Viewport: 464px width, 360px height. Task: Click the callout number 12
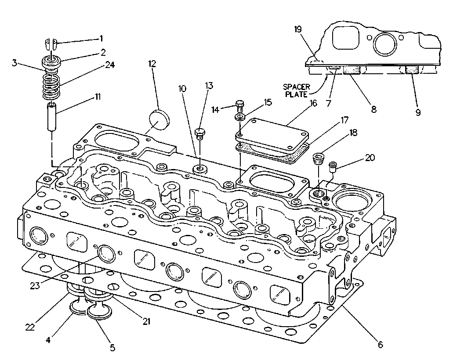(x=152, y=64)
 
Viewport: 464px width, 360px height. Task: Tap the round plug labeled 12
(x=159, y=119)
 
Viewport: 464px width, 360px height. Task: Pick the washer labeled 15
(x=240, y=117)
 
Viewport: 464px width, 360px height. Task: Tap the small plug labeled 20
(x=333, y=167)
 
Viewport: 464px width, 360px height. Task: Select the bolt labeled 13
(x=200, y=134)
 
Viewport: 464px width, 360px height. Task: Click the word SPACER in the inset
(x=297, y=87)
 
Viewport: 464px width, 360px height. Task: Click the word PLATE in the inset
(x=296, y=94)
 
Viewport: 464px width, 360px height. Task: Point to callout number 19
(x=298, y=29)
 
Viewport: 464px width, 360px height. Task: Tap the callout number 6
(x=380, y=344)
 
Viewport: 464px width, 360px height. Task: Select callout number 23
(x=35, y=286)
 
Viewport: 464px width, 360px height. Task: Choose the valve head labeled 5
(x=100, y=312)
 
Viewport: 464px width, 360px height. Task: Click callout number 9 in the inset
(x=418, y=112)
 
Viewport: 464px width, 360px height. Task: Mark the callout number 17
(x=344, y=120)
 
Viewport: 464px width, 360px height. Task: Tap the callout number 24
(x=110, y=65)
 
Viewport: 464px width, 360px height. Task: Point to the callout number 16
(x=313, y=103)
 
